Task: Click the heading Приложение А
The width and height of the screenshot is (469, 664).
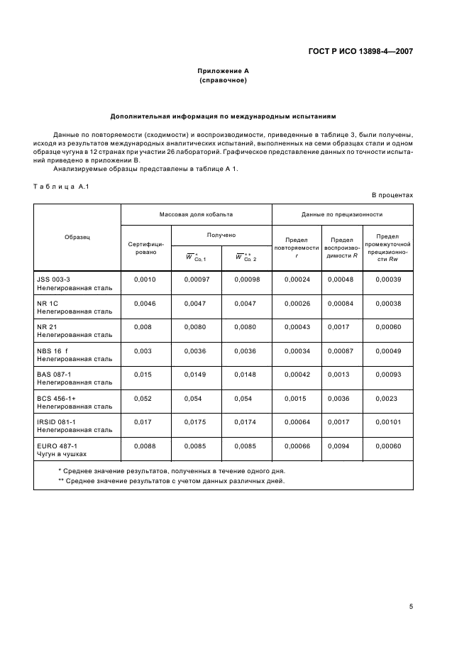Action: [x=223, y=71]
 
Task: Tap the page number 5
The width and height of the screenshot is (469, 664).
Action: [x=411, y=607]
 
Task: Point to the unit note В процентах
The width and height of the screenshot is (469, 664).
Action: [x=392, y=195]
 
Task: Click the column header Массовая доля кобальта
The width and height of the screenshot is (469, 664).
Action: [x=196, y=214]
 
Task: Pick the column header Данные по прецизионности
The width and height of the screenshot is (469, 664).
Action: [x=342, y=214]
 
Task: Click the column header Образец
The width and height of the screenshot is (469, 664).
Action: [x=77, y=237]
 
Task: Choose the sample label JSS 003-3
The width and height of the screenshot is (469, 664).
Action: [x=54, y=280]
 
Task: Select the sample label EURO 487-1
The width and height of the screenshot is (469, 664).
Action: [x=57, y=446]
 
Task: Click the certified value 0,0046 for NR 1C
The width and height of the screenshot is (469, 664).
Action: [x=144, y=303]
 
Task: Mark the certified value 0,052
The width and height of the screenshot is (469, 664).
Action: [x=143, y=399]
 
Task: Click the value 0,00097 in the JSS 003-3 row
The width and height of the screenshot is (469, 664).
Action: [x=197, y=280]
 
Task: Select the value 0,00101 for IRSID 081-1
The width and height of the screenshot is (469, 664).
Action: [x=387, y=423]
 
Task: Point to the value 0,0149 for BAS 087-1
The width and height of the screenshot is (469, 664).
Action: [x=196, y=375]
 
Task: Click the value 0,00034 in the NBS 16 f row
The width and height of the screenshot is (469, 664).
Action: [x=297, y=352]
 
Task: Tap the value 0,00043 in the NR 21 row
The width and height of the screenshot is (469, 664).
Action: [x=297, y=327]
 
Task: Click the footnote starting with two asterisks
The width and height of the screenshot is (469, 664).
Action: [x=170, y=481]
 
